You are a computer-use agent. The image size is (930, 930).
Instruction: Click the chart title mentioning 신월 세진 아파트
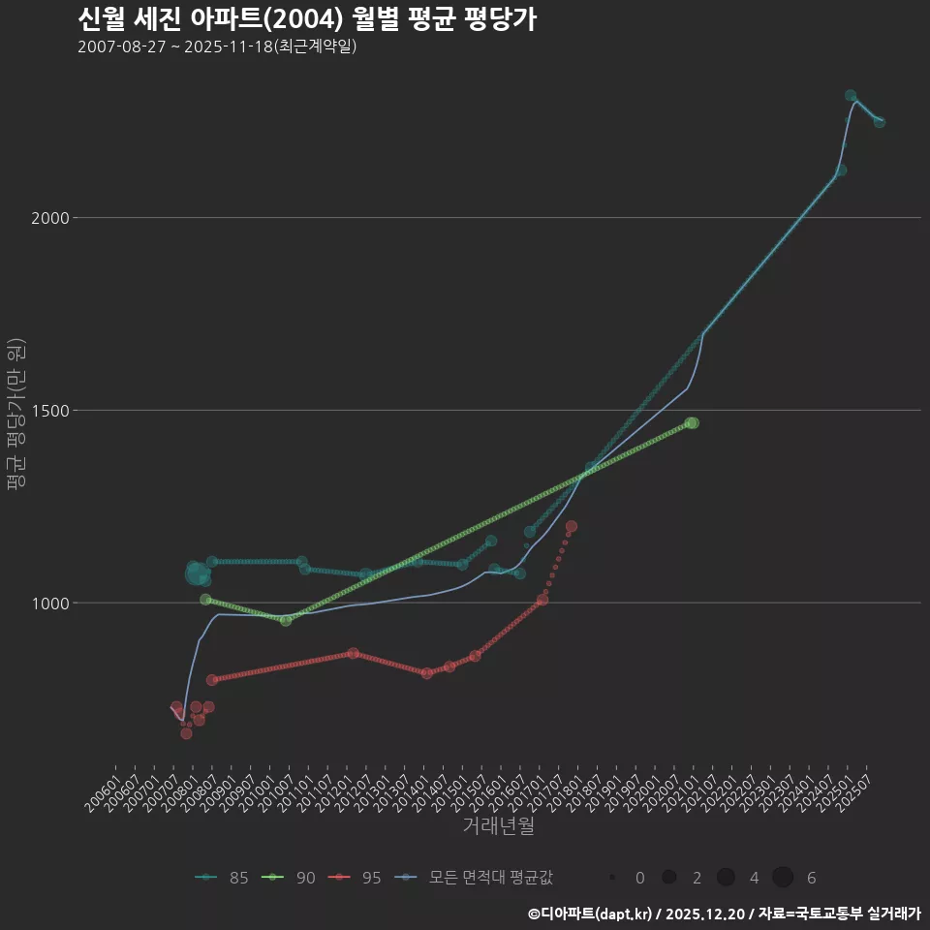pos(306,19)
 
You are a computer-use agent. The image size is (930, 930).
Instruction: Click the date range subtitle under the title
pos(217,46)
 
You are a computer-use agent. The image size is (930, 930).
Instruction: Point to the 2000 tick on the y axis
pos(50,218)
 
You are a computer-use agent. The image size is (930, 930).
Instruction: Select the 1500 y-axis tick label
pos(50,411)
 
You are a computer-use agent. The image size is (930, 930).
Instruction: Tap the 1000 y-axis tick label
pos(50,604)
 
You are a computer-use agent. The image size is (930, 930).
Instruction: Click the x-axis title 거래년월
pos(498,826)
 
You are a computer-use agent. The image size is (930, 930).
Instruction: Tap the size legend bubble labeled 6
pos(784,878)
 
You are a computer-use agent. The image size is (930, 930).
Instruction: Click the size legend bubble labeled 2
pos(668,878)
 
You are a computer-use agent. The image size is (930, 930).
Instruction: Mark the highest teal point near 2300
pos(851,96)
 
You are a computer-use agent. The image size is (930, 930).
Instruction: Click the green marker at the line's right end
pos(692,423)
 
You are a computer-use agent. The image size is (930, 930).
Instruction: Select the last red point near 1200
pos(572,526)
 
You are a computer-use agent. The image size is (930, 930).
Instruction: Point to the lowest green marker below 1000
pos(286,620)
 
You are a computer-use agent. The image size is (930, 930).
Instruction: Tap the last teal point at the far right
pos(880,122)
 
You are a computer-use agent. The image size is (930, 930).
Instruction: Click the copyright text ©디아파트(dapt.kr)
pos(592,914)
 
